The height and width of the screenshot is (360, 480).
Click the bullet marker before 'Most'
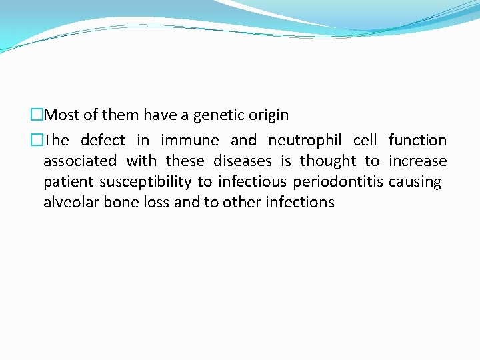[x=37, y=115]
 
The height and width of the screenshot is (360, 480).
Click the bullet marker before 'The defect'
[x=37, y=141]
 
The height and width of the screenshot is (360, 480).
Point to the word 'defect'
[x=103, y=141]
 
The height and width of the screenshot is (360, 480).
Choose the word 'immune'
[x=189, y=141]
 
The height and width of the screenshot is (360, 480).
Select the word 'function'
[x=417, y=141]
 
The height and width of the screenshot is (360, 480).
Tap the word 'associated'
[x=79, y=161]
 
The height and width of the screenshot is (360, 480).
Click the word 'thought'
[x=328, y=161]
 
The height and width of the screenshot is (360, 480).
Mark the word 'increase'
[x=417, y=161]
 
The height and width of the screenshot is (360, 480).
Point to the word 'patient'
[x=69, y=182]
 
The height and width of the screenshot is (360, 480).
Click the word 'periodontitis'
[x=338, y=182]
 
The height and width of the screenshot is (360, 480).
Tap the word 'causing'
[x=415, y=182]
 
